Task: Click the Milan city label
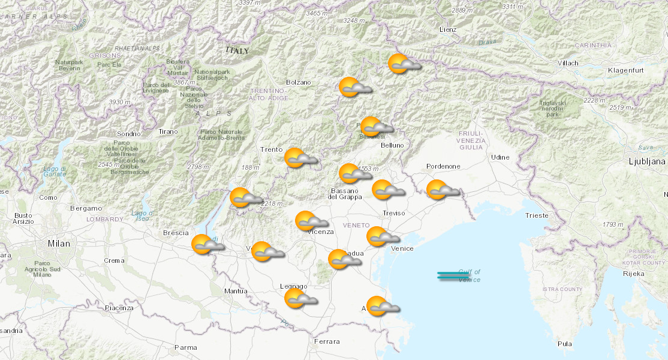click(59, 244)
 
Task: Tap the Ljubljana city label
click(647, 161)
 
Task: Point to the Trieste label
click(536, 215)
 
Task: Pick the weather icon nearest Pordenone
click(443, 190)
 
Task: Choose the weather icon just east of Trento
click(300, 158)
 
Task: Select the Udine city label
click(500, 157)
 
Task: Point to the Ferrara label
click(327, 341)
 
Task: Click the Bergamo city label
click(86, 208)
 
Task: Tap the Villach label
click(568, 63)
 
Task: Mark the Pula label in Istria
click(564, 344)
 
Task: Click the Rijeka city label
click(634, 274)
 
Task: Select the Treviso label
click(394, 213)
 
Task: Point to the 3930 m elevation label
click(119, 103)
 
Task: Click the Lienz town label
click(447, 29)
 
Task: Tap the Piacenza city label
click(119, 308)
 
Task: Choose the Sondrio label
click(128, 133)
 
